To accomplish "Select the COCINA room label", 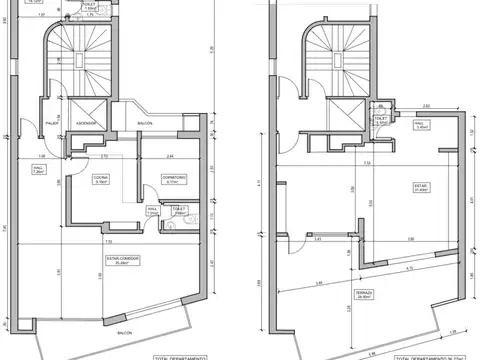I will click(x=100, y=179).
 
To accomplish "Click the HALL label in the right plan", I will click(x=421, y=125).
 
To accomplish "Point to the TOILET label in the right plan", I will click(x=380, y=118).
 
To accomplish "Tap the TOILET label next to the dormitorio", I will click(x=180, y=208).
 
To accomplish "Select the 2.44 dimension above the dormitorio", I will click(x=170, y=157).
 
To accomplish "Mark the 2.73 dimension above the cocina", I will click(x=104, y=157).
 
